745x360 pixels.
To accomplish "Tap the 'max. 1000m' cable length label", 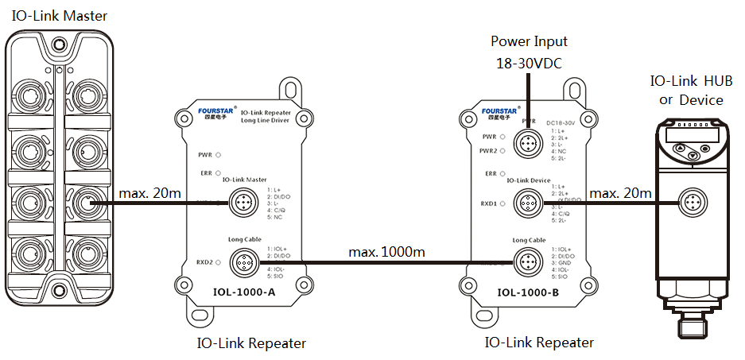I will [386, 252].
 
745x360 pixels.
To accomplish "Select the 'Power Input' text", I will [530, 41].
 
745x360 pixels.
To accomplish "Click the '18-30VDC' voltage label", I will [530, 64].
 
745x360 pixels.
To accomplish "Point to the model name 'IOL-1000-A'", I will [244, 292].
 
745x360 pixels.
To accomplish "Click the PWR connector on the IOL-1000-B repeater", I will [526, 144].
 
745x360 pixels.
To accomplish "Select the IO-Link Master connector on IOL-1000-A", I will [242, 203].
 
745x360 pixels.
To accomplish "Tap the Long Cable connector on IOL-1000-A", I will [242, 260].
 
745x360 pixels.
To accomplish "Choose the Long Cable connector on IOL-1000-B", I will [526, 260].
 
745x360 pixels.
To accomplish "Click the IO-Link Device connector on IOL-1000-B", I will [526, 203].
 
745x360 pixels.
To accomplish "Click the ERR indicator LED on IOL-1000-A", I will [217, 172].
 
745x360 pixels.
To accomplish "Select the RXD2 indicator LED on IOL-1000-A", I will [217, 261].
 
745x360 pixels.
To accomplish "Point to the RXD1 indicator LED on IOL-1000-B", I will [502, 203].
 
